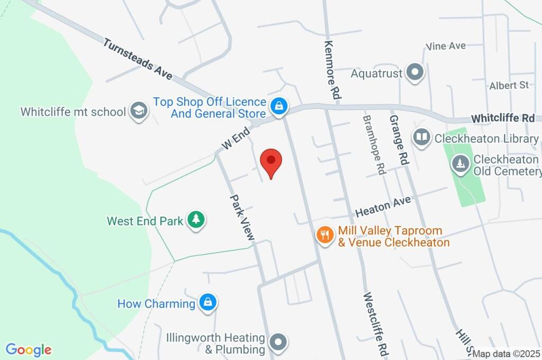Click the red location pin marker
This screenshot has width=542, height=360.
[272, 161]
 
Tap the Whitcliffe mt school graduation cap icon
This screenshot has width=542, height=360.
[139, 111]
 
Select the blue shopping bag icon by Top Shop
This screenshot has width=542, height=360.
[278, 106]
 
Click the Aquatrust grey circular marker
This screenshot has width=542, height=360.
[415, 73]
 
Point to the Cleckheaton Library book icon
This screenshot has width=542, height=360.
[421, 138]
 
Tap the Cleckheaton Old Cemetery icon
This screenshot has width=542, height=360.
[460, 164]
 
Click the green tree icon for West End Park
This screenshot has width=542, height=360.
[196, 220]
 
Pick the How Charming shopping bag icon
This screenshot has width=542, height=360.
[209, 303]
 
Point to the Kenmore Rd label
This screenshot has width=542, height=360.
[331, 70]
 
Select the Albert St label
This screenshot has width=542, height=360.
[509, 85]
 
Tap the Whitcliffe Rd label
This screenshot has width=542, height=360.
[503, 118]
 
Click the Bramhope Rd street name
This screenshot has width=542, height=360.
[373, 146]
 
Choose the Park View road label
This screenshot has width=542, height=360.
[242, 217]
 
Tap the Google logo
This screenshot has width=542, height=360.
[29, 349]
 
